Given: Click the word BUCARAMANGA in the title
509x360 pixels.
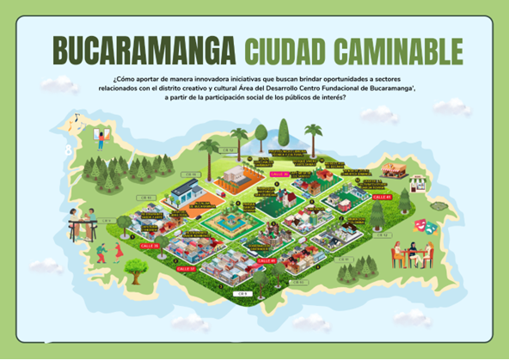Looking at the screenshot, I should pos(144,50).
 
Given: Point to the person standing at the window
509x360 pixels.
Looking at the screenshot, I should pos(102,138).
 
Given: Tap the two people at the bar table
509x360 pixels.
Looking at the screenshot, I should pos(80,225).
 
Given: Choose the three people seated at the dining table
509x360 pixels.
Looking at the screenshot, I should pos(411,254).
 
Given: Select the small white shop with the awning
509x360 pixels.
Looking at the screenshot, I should pos(419,184).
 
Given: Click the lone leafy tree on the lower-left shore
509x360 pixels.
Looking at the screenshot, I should pos(136,268).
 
